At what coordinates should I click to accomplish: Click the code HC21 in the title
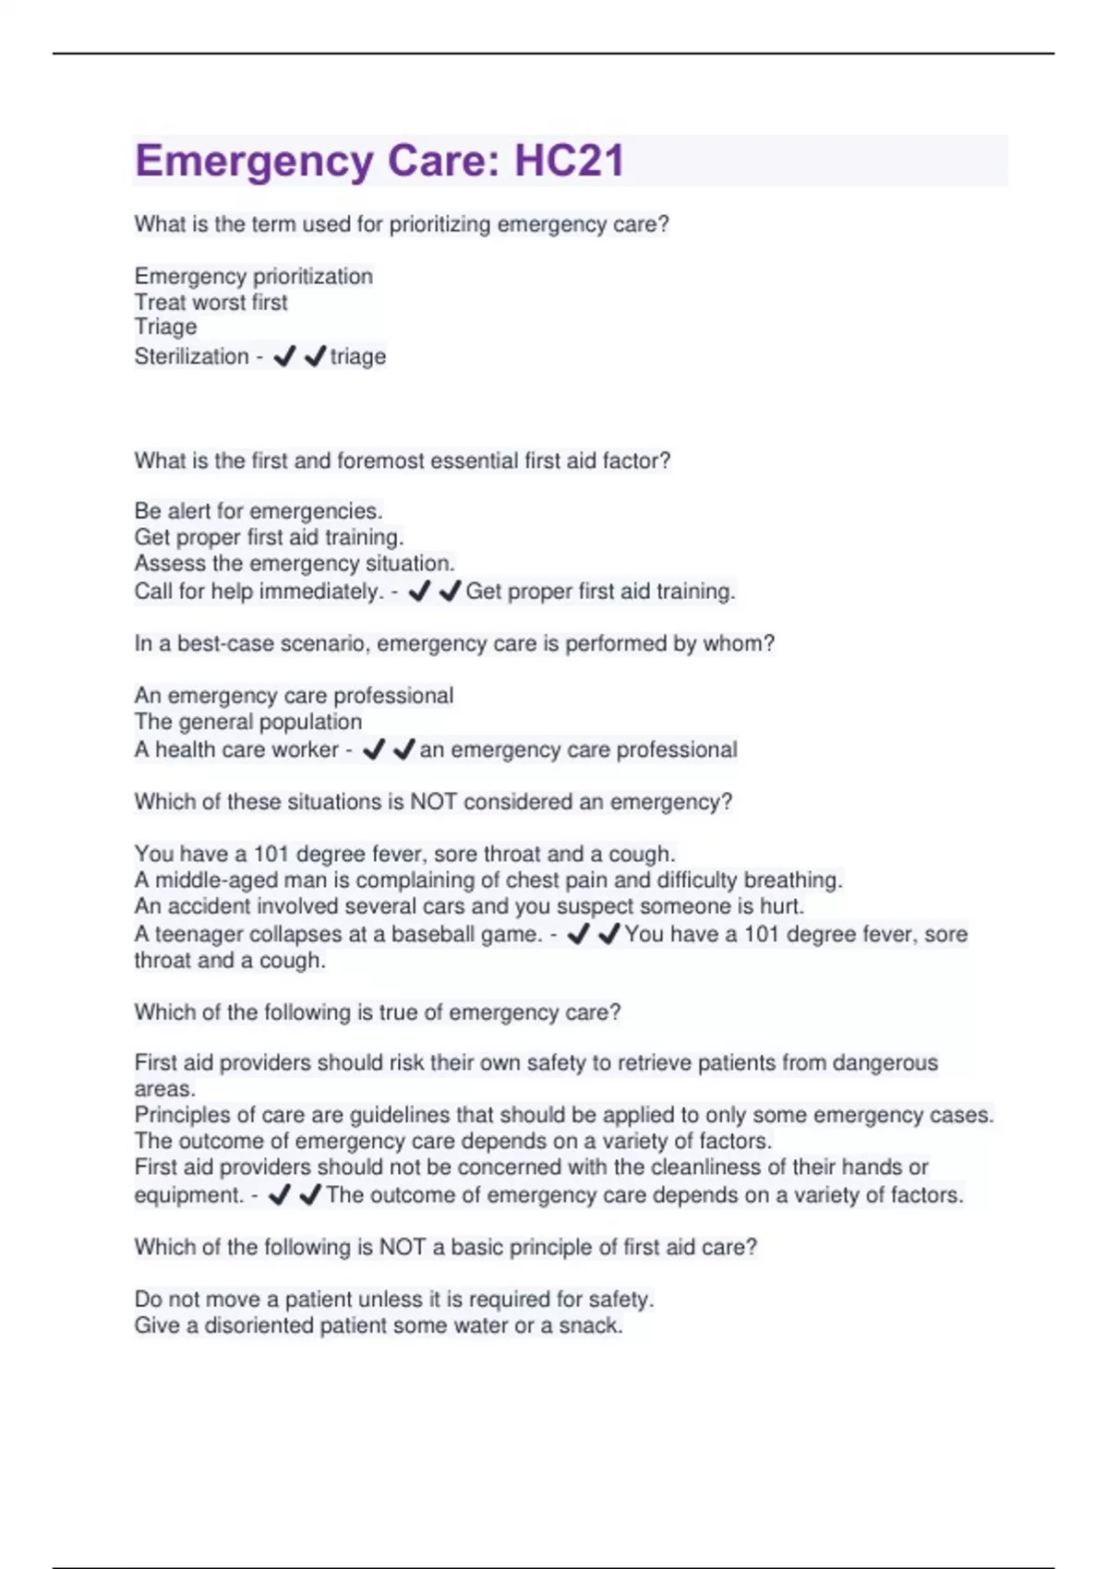click(x=569, y=161)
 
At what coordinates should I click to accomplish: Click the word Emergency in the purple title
click(x=254, y=161)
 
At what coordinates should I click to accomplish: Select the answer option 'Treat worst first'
click(x=211, y=302)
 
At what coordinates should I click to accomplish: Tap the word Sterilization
click(x=191, y=356)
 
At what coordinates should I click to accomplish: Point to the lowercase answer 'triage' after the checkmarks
click(x=358, y=356)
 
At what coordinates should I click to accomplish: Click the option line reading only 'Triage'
click(x=165, y=327)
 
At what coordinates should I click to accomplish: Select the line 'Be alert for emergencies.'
click(x=259, y=510)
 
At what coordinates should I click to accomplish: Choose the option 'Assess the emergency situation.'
click(x=295, y=563)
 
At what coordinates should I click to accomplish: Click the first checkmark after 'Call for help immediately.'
click(x=419, y=591)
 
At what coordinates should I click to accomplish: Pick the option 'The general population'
click(x=247, y=722)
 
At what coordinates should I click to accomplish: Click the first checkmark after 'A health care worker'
click(x=374, y=749)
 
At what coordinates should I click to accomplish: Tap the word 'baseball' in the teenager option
click(x=434, y=934)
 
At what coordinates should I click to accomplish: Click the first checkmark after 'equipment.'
click(x=279, y=1195)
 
